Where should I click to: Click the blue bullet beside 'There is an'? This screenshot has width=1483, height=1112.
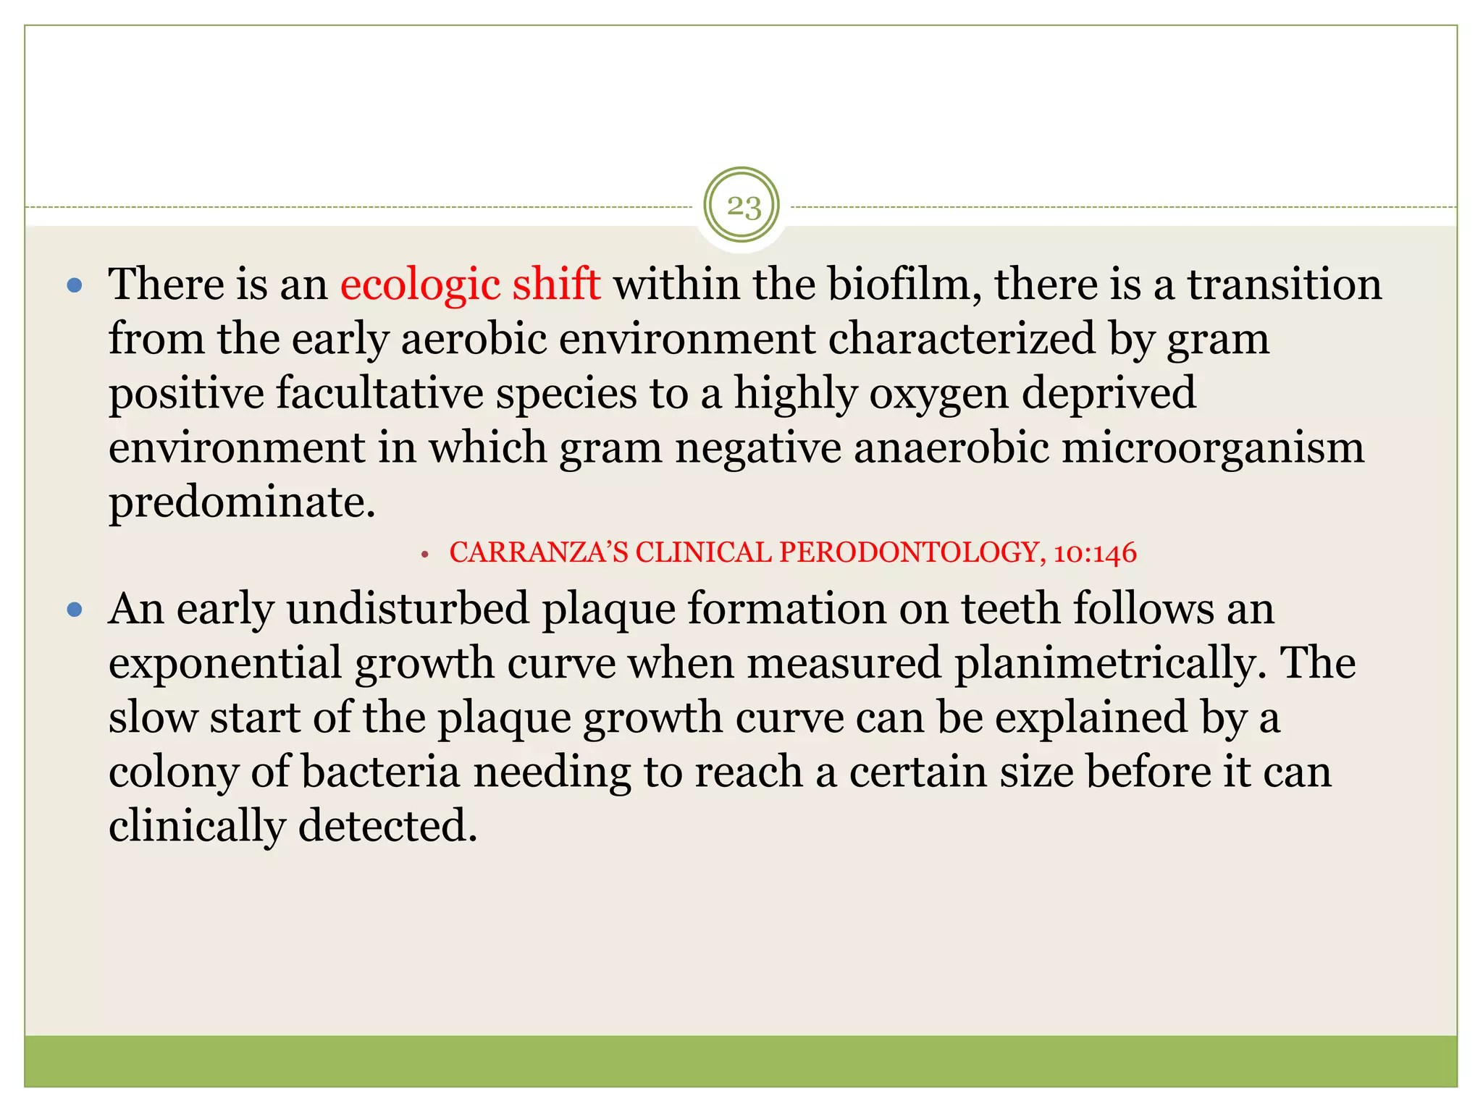click(75, 285)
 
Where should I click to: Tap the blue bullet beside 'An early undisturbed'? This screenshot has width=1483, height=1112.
click(75, 610)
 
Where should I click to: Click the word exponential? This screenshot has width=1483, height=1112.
click(224, 664)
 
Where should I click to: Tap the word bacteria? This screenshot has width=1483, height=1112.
click(380, 772)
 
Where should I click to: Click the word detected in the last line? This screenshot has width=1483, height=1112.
click(387, 826)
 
